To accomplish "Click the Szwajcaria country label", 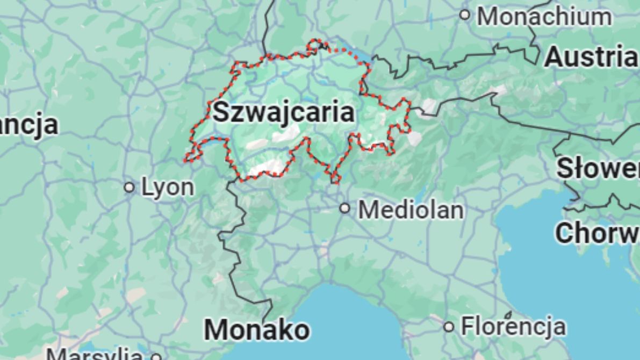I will pyautogui.click(x=283, y=112).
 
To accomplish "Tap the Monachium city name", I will pyautogui.click(x=544, y=17).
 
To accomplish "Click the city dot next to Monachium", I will pyautogui.click(x=465, y=15).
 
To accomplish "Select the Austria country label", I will pyautogui.click(x=591, y=56).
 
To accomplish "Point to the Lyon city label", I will pyautogui.click(x=168, y=187).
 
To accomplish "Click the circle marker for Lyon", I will pyautogui.click(x=129, y=188).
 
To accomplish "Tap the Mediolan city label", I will pyautogui.click(x=411, y=209).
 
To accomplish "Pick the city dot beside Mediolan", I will pyautogui.click(x=345, y=208).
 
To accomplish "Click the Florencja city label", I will pyautogui.click(x=513, y=326).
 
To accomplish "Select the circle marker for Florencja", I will pyautogui.click(x=449, y=326).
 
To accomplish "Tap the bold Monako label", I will pyautogui.click(x=257, y=329).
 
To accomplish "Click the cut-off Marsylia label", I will pyautogui.click(x=94, y=355).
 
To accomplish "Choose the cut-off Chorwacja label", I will pyautogui.click(x=597, y=233).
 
